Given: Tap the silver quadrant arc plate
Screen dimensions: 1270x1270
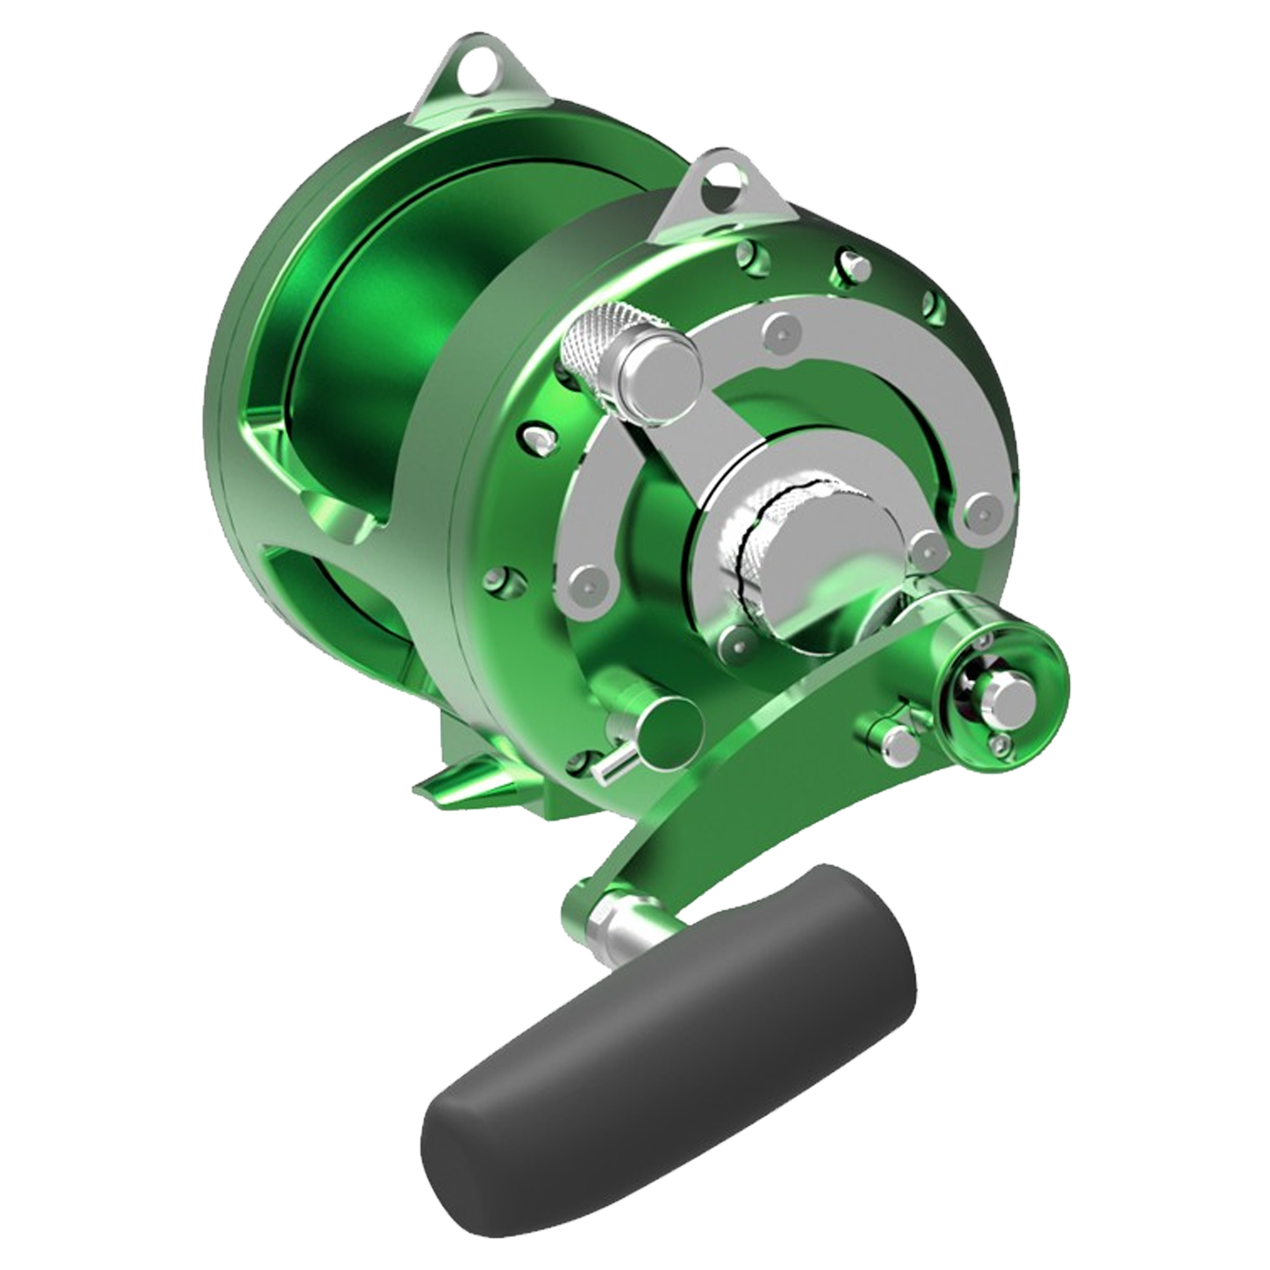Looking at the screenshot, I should (874, 375).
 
